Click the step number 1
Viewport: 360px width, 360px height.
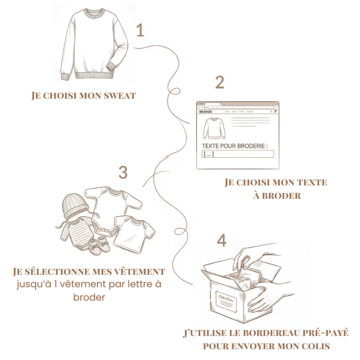point(140,31)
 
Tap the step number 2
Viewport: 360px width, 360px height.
point(220,82)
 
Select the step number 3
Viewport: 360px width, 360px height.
point(123,173)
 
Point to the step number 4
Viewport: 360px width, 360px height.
point(222,241)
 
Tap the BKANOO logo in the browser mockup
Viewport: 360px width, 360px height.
point(206,112)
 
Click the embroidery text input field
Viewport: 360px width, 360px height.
point(238,154)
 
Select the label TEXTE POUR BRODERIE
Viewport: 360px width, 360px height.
point(235,146)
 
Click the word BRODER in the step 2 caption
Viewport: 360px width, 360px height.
point(282,196)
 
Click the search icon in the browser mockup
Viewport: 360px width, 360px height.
point(271,112)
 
